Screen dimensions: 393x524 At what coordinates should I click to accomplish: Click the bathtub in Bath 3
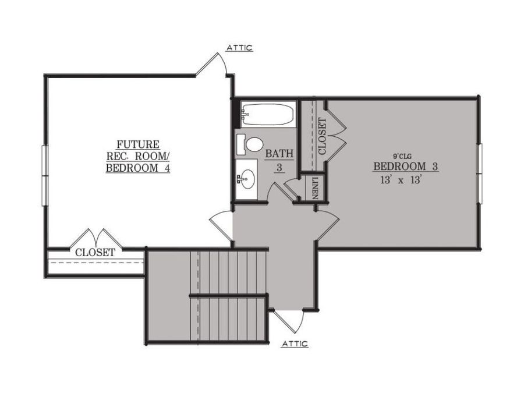(x=267, y=114)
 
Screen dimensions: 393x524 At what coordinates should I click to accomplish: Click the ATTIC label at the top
(x=239, y=48)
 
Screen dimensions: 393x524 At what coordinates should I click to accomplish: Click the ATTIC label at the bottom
(x=295, y=344)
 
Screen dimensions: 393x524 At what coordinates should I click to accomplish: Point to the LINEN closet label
(x=315, y=187)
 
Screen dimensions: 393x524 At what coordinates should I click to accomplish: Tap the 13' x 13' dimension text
(x=400, y=180)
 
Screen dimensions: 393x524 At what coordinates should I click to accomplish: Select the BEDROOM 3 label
(x=405, y=167)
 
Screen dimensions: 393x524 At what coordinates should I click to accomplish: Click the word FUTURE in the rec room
(x=138, y=144)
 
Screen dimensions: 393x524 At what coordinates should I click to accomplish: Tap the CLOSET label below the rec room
(x=95, y=253)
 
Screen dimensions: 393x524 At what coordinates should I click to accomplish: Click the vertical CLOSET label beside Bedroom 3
(x=321, y=136)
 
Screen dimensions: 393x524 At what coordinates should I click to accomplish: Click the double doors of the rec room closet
(x=95, y=239)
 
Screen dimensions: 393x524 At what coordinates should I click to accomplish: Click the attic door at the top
(x=212, y=64)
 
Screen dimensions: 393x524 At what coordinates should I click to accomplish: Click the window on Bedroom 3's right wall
(x=480, y=174)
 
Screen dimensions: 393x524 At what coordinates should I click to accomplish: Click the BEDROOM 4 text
(x=141, y=168)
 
